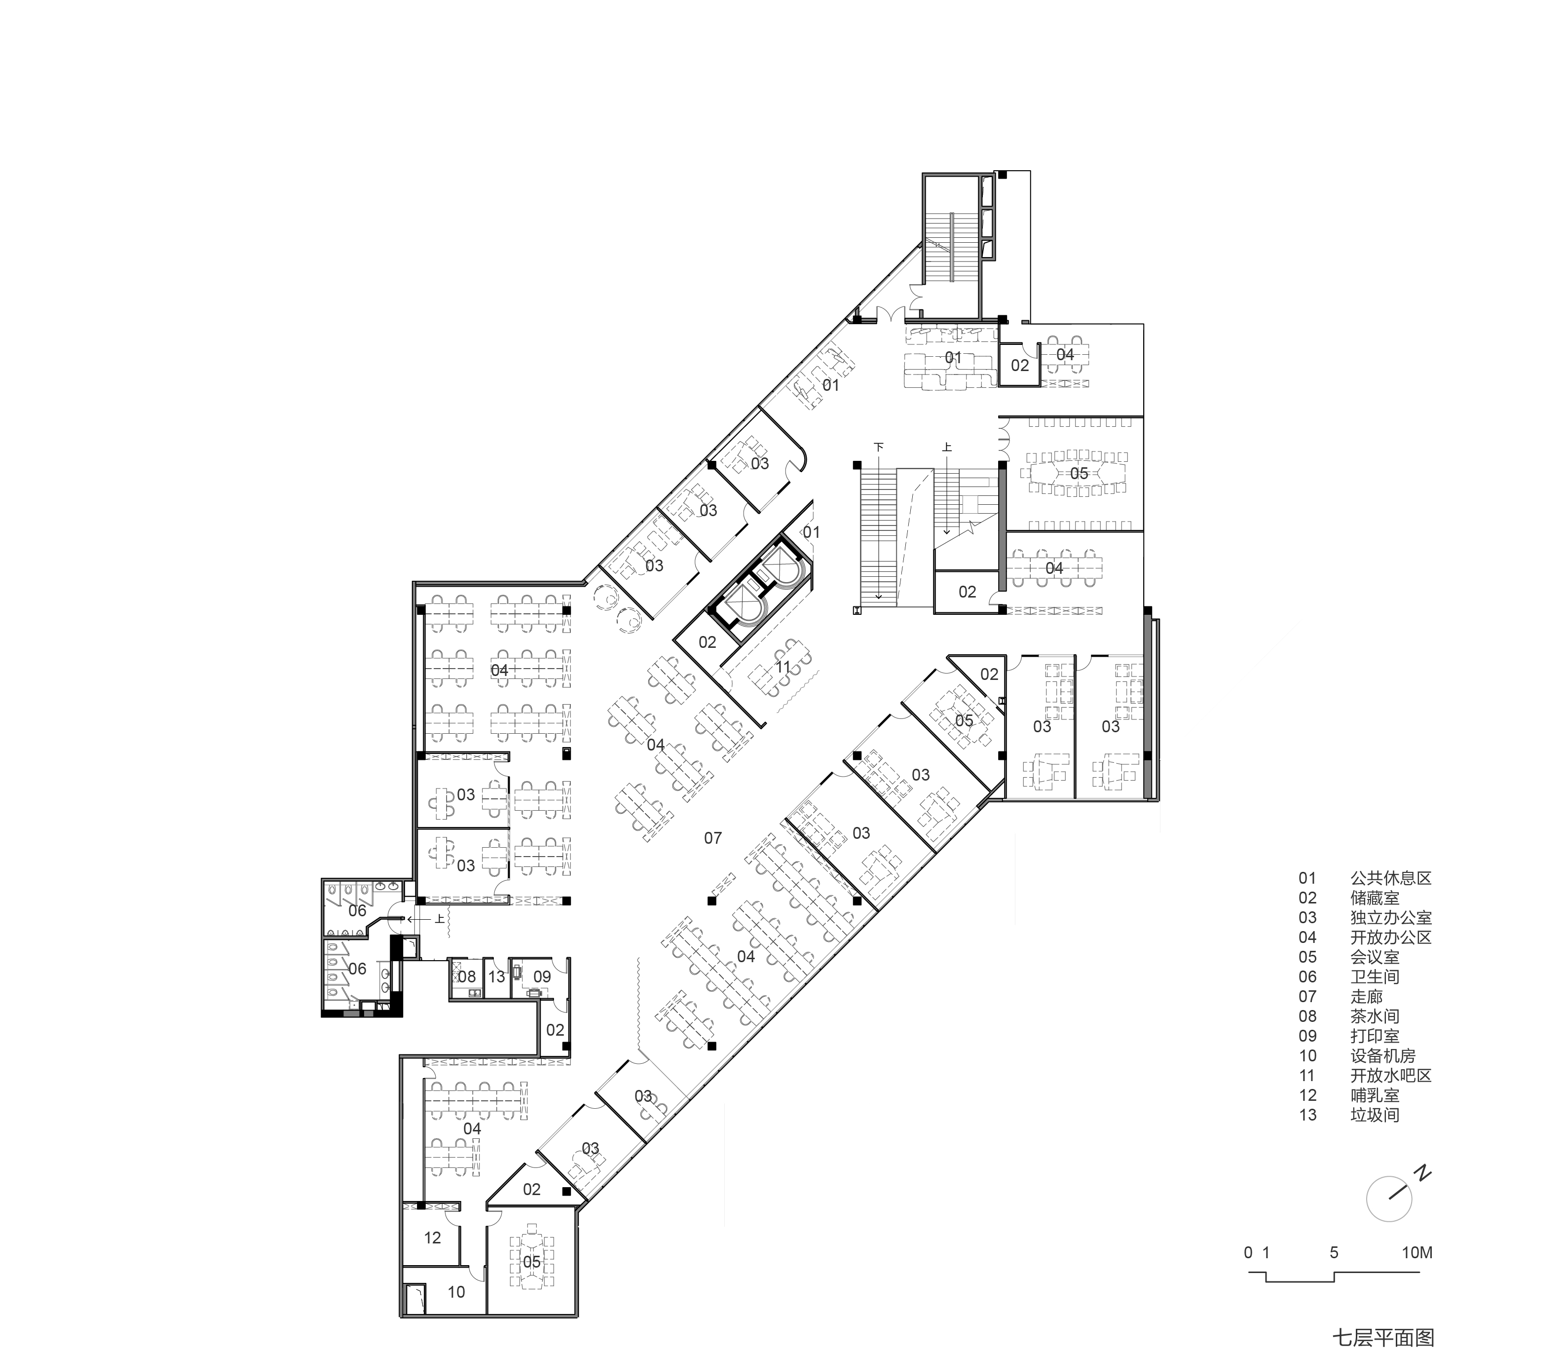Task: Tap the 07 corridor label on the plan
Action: (x=713, y=837)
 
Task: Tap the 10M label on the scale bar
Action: (x=1417, y=1252)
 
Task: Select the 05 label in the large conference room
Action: (x=1079, y=473)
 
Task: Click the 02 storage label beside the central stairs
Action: (x=968, y=592)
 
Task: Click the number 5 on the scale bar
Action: (x=1334, y=1252)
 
